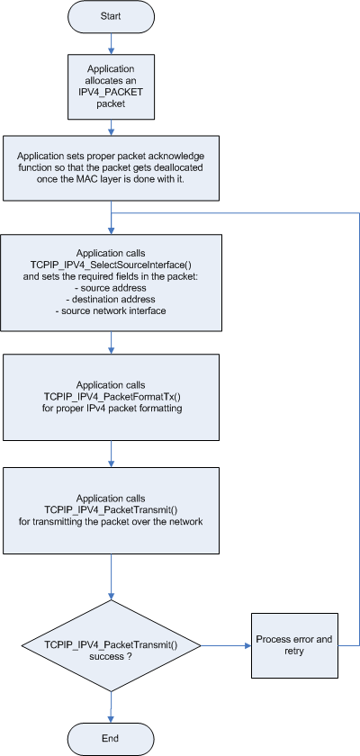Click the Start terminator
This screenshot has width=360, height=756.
pyautogui.click(x=111, y=16)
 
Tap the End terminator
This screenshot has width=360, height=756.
pyautogui.click(x=111, y=739)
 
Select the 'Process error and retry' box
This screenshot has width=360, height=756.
pyautogui.click(x=294, y=645)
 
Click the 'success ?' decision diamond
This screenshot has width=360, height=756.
pyautogui.click(x=112, y=645)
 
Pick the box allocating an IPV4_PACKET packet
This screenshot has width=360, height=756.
pyautogui.click(x=111, y=86)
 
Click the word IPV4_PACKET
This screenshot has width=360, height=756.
pyautogui.click(x=111, y=92)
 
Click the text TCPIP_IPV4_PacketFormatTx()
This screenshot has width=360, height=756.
pyautogui.click(x=112, y=396)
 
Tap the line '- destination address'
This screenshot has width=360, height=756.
pyautogui.click(x=112, y=300)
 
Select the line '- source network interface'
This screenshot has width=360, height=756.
pyautogui.click(x=112, y=311)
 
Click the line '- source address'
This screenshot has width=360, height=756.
pyautogui.click(x=112, y=288)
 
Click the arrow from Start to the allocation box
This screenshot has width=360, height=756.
pyautogui.click(x=112, y=42)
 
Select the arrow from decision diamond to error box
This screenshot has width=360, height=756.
pyautogui.click(x=226, y=645)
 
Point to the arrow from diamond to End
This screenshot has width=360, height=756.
pyautogui.click(x=112, y=707)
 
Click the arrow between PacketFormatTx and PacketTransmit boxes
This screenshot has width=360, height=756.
pyautogui.click(x=112, y=454)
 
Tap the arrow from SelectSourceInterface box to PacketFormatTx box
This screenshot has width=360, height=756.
pyautogui.click(x=112, y=343)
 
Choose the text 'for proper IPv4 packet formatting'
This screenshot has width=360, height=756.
pyautogui.click(x=112, y=408)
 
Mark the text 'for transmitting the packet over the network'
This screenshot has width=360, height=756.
pyautogui.click(x=112, y=522)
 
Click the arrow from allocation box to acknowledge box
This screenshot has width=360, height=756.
pyautogui.click(x=112, y=127)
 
